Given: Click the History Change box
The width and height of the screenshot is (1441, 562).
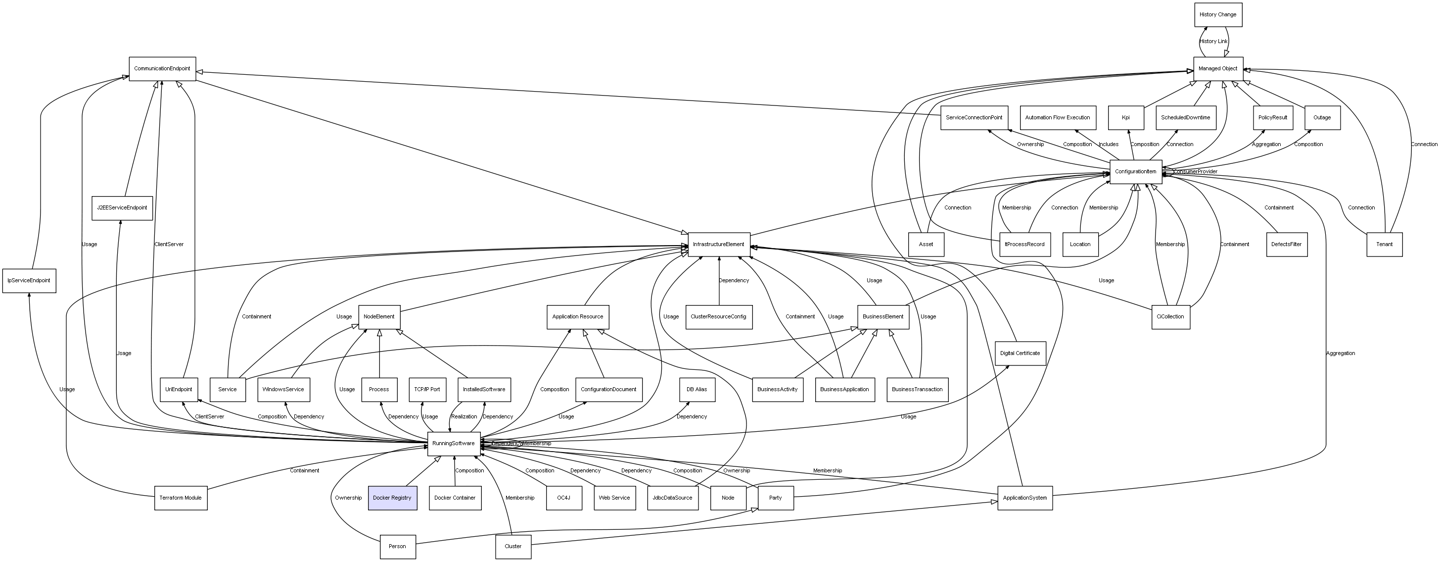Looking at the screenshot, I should coord(1218,14).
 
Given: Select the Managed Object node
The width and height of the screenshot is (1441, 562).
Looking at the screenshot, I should coord(1218,69).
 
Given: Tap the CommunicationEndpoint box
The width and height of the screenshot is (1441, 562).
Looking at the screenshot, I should coord(162,69).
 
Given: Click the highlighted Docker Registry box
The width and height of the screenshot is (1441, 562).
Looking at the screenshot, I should coord(392,498).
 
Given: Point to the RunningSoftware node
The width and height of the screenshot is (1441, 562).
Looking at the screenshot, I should coord(454,443).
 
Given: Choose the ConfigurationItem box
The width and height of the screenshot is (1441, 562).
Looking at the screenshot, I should coord(1136,172).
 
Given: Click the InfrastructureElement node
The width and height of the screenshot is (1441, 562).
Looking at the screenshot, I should coord(718,245).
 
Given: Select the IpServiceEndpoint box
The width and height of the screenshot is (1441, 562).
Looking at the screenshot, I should coord(29,280).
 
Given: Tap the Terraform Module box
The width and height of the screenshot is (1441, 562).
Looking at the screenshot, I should coord(181,498).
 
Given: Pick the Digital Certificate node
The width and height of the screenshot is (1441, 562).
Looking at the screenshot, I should coord(1020,353).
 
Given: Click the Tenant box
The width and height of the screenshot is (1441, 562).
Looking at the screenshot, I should coord(1384,245).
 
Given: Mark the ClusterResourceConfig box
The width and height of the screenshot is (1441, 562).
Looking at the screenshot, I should coord(718,317).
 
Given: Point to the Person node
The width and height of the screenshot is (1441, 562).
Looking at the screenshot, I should coord(397,546).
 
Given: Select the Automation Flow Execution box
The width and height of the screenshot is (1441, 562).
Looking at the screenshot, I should coord(1057,117).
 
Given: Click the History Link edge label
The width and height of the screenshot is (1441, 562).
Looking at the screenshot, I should coord(1213,42).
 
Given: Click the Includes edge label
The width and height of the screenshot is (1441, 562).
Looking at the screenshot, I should coord(1108,145).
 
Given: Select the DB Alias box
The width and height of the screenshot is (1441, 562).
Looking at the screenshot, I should coord(697,390).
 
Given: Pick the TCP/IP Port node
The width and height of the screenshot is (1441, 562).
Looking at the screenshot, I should coord(427,390).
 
